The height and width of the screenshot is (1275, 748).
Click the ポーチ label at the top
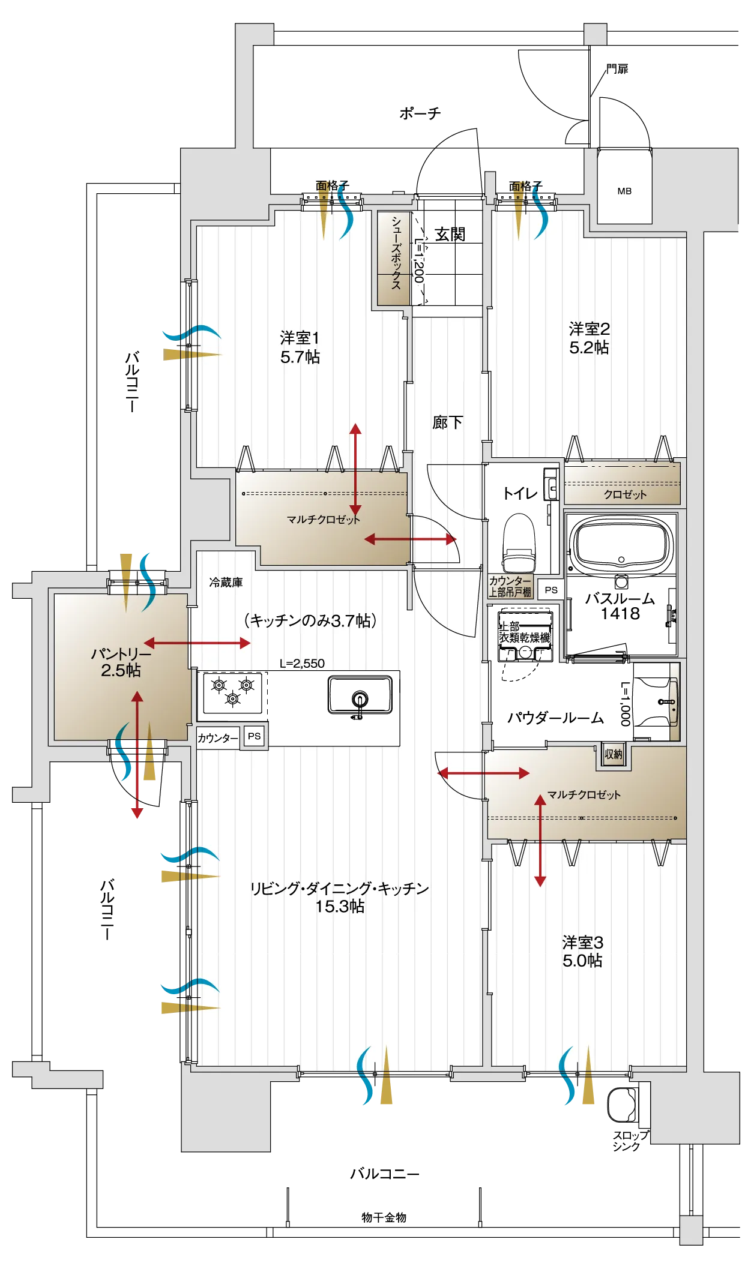(x=420, y=113)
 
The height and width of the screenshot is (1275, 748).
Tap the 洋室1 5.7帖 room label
(x=300, y=347)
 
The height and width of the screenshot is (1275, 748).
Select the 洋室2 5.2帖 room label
(x=589, y=338)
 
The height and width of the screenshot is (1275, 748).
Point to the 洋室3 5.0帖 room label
(x=582, y=952)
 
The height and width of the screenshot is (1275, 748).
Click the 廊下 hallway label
(x=447, y=422)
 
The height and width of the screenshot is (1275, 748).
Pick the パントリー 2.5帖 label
(x=121, y=662)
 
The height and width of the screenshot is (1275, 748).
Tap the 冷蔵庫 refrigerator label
(x=226, y=582)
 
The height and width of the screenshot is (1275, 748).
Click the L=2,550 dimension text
(x=302, y=664)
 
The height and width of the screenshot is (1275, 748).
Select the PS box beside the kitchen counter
(x=254, y=736)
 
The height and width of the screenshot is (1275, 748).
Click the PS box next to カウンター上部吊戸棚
(x=550, y=590)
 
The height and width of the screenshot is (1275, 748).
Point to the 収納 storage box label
(x=614, y=755)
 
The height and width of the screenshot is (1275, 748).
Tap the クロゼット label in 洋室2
(x=625, y=494)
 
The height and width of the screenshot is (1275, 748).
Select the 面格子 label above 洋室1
(x=333, y=185)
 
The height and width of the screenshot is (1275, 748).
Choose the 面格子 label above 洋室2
(x=525, y=186)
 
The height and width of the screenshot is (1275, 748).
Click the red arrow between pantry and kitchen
(x=197, y=643)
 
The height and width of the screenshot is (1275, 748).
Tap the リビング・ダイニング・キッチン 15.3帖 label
(x=340, y=898)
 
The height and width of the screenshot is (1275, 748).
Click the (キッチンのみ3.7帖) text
(x=310, y=620)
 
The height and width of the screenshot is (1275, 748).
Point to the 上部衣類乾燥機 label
(x=523, y=633)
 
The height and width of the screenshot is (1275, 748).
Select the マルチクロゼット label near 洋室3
(x=584, y=794)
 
